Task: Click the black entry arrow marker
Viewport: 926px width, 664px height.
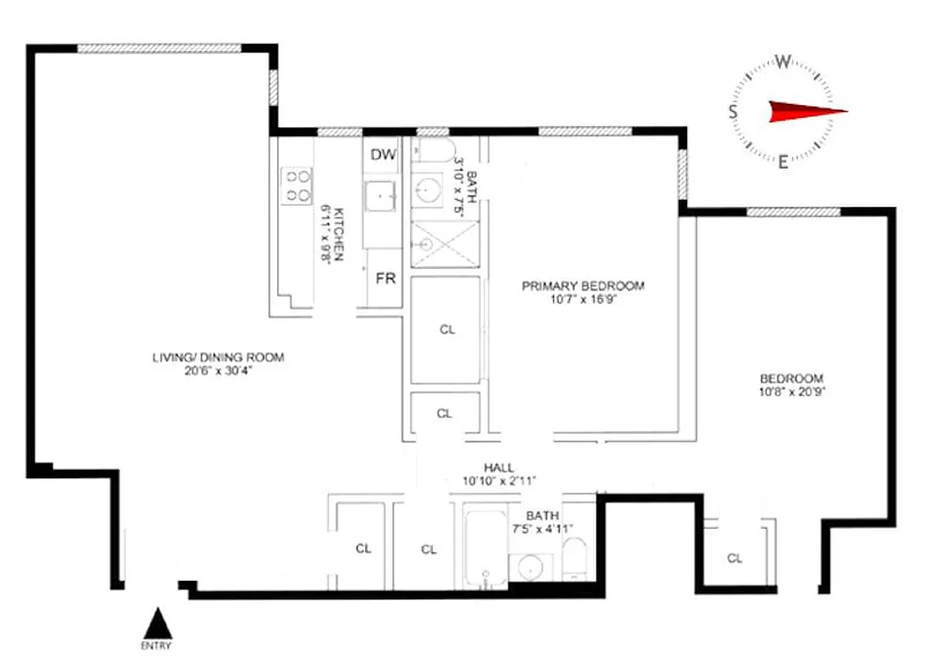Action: point(158,622)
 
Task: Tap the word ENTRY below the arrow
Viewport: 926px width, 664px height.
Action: point(158,646)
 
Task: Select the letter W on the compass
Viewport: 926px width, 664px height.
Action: point(782,60)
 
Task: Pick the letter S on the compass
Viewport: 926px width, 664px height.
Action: point(733,112)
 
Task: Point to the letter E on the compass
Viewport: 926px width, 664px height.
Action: point(782,162)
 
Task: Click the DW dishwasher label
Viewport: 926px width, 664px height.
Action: point(383,154)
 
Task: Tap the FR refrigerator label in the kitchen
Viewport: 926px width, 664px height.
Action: point(385,279)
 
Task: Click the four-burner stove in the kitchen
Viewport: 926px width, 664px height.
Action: point(297,186)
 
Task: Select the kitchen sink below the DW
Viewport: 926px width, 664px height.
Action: point(383,197)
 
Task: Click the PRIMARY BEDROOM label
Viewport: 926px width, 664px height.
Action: point(582,286)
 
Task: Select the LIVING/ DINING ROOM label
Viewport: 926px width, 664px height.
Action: point(218,358)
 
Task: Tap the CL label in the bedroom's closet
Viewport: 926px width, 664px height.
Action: point(734,559)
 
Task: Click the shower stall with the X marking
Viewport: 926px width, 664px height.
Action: point(446,244)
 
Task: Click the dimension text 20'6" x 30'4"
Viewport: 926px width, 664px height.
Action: point(218,371)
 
